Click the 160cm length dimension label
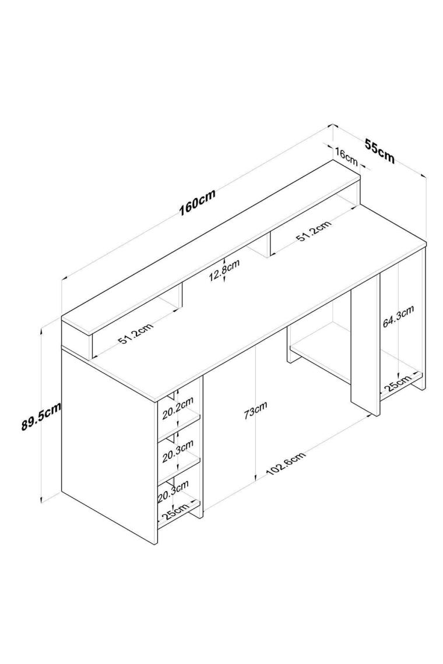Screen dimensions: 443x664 (x=198, y=202)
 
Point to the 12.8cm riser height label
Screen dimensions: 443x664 (x=224, y=270)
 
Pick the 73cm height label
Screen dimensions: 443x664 (x=256, y=411)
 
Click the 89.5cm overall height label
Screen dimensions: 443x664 (x=41, y=416)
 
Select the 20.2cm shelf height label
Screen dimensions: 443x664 (x=178, y=407)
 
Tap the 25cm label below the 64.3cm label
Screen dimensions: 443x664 (x=398, y=383)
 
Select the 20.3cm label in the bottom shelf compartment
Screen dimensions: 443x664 (x=173, y=491)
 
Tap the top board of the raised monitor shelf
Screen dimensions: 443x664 (x=211, y=248)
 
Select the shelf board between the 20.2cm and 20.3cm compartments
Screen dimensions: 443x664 (x=179, y=428)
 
